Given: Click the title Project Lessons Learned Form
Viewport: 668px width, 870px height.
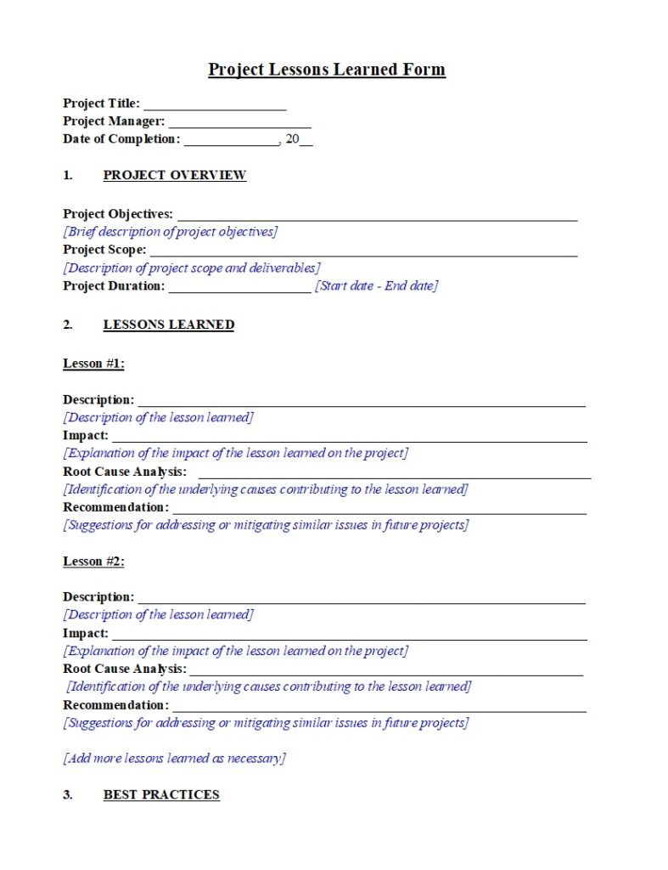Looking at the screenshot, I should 327,70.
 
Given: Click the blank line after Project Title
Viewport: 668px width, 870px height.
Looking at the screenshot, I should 215,106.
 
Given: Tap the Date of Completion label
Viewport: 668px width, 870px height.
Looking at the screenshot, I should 121,139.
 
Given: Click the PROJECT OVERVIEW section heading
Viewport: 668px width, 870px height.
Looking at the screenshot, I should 174,176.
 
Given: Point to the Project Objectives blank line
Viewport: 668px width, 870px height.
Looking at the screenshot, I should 377,217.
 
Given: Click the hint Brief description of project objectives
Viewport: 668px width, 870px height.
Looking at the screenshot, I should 170,232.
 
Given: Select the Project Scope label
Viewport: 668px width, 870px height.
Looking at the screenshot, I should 104,251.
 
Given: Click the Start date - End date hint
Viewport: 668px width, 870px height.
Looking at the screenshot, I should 376,286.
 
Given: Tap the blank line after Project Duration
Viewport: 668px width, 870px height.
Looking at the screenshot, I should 239,289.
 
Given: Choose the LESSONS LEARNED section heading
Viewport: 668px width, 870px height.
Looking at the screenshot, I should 168,325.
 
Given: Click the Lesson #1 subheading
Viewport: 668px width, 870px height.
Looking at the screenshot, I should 93,364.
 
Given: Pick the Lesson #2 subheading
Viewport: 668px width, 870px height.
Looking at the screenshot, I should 93,562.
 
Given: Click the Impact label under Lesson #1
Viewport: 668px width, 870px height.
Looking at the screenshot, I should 86,436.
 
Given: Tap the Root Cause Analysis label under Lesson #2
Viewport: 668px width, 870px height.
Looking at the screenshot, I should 125,669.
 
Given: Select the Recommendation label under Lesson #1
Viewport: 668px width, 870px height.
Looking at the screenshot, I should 115,507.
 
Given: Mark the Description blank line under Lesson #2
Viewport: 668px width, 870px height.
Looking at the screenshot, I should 361,601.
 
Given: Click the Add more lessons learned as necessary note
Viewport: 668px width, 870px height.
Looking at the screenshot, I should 174,758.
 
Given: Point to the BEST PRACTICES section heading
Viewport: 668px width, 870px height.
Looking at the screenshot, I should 161,795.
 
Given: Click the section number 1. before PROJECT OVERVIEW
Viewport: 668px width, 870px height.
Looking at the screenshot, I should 68,176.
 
